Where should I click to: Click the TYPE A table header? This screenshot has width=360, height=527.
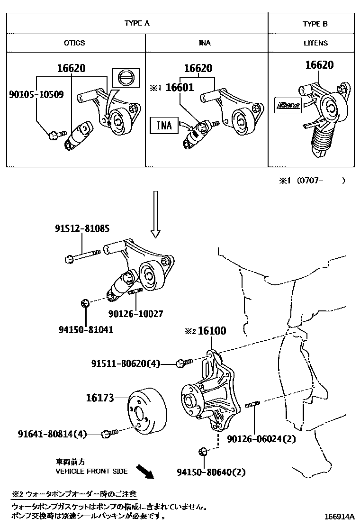[137, 23]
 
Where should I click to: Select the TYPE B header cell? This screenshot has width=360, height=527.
[315, 24]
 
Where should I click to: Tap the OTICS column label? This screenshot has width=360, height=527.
[74, 43]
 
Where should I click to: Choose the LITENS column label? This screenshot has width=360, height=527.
[315, 43]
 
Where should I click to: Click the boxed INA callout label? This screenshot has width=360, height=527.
[164, 125]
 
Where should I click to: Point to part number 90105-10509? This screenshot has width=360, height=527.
[36, 94]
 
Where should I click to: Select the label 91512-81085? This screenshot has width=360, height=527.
[81, 228]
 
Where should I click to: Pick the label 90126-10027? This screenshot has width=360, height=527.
[135, 314]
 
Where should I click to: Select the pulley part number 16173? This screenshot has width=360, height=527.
[100, 399]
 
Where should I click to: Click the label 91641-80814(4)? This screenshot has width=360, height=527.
[53, 434]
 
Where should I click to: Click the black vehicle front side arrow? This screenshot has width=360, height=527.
[145, 471]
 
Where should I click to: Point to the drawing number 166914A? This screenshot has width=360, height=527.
[339, 517]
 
